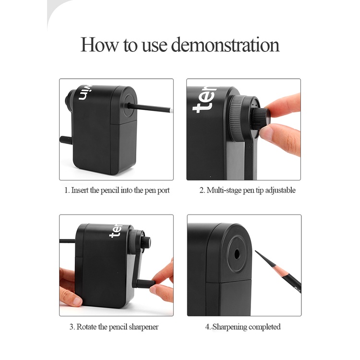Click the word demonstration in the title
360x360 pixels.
225,45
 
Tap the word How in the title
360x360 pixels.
99,45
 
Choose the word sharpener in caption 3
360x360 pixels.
144,327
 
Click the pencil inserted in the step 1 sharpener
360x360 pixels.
149,108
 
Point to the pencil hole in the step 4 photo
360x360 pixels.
237,254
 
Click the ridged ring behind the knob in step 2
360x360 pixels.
237,118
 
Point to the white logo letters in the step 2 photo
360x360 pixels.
204,100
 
